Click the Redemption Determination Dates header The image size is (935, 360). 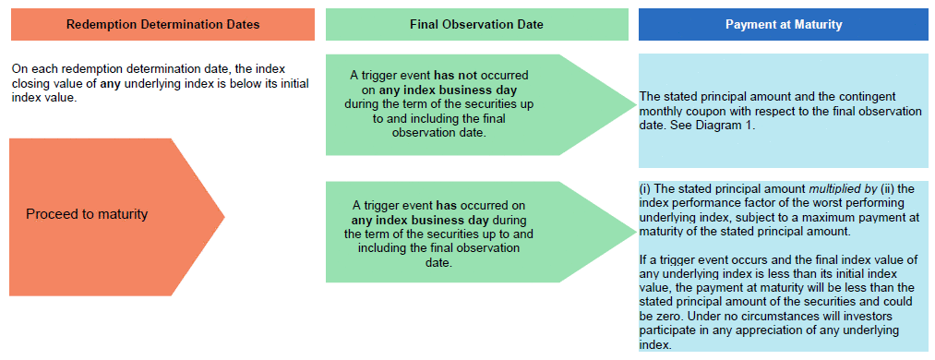click(x=162, y=24)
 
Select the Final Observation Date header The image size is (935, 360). click(x=476, y=24)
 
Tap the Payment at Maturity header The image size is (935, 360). click(x=783, y=24)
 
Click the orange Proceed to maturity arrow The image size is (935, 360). click(x=116, y=217)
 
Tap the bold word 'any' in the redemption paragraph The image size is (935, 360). click(x=112, y=83)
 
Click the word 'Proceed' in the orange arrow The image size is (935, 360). click(x=49, y=214)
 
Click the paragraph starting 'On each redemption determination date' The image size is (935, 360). click(x=161, y=83)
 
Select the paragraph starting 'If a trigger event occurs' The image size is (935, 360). click(x=778, y=302)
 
